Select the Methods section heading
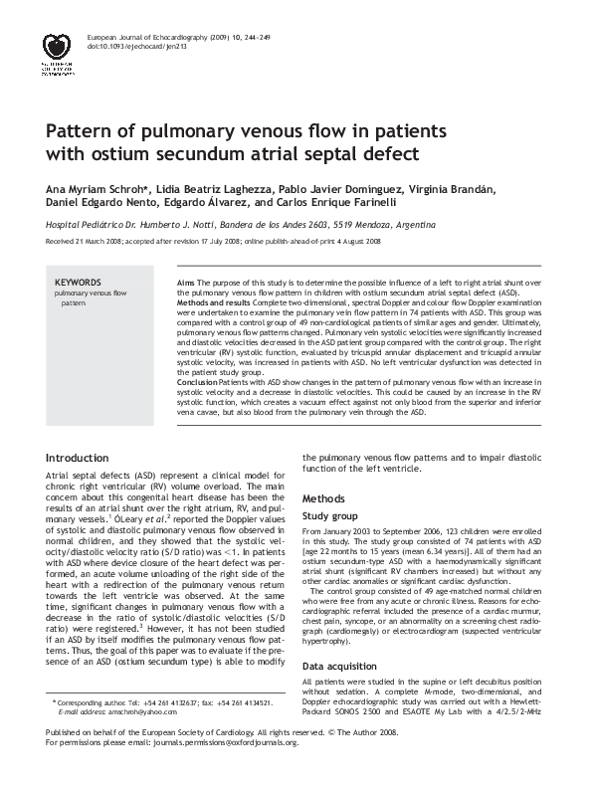(323, 495)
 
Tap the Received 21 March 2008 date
(84, 242)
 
